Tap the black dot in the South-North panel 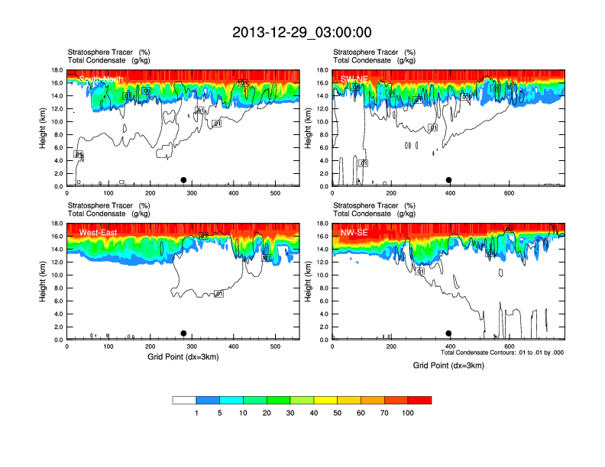click(183, 180)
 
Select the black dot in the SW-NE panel click(449, 180)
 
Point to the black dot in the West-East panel click(183, 333)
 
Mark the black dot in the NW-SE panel click(449, 333)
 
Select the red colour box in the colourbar click(419, 400)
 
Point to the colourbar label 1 click(198, 413)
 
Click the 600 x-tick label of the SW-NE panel click(509, 194)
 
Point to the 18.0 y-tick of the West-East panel click(56, 224)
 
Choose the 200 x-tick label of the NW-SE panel click(391, 347)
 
